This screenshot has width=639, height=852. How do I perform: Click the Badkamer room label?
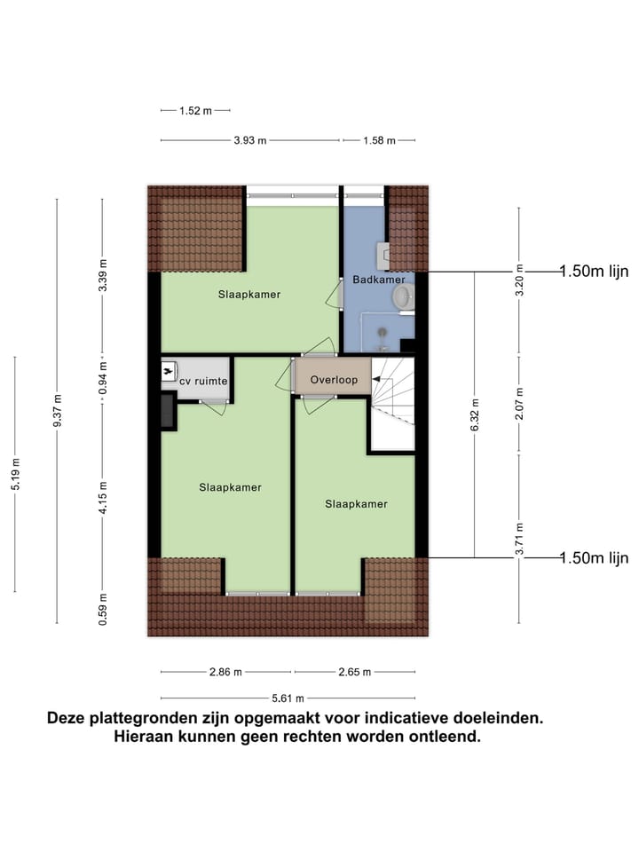click(x=379, y=278)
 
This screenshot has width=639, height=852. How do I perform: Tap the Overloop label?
click(x=334, y=381)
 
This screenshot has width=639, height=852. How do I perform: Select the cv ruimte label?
click(x=205, y=381)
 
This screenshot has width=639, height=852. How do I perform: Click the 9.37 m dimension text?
click(x=57, y=411)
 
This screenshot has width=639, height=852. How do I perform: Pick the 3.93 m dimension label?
click(x=249, y=140)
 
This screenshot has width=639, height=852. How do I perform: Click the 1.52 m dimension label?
click(x=195, y=111)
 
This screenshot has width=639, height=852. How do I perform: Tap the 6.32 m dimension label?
click(x=474, y=415)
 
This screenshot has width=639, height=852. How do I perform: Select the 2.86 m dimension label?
click(x=225, y=672)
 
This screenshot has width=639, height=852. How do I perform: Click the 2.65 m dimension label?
click(x=353, y=672)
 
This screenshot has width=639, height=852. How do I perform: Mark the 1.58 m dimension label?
click(x=378, y=140)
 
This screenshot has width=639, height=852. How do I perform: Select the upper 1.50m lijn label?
click(x=594, y=272)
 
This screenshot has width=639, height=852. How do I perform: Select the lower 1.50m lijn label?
click(x=594, y=557)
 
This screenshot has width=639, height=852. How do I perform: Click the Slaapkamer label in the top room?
click(x=249, y=295)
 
